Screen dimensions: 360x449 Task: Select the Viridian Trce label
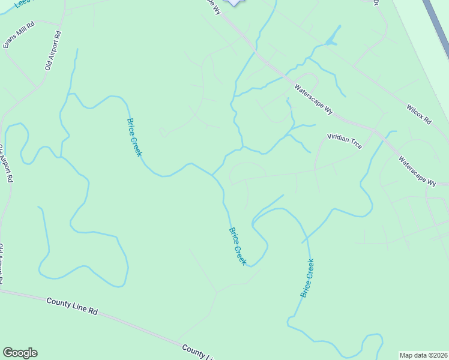click(344, 141)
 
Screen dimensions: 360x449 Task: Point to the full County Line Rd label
click(72, 305)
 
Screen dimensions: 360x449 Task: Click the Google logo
click(20, 353)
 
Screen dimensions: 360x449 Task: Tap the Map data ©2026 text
click(424, 355)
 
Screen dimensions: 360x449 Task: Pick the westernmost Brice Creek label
click(134, 137)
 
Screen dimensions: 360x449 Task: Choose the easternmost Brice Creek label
click(307, 278)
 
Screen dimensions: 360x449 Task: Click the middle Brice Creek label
click(238, 246)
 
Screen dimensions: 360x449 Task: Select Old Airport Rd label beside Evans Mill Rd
click(53, 51)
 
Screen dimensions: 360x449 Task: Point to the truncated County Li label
click(198, 353)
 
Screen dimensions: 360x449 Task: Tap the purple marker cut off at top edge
click(234, 2)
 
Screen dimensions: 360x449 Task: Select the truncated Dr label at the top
click(376, 2)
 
